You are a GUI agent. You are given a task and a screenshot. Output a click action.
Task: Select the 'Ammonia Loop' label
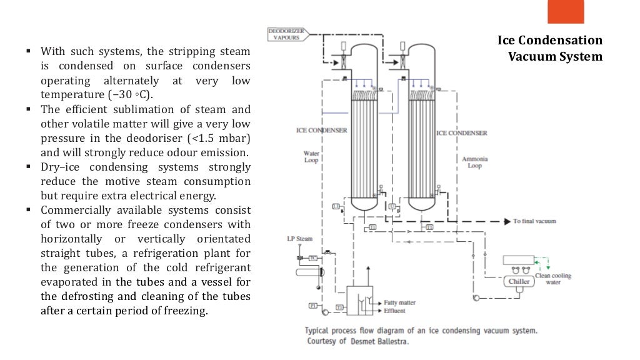[x=474, y=163]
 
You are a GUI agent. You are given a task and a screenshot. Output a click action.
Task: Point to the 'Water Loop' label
[x=311, y=156]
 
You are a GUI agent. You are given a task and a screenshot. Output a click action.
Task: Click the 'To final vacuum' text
[x=534, y=221]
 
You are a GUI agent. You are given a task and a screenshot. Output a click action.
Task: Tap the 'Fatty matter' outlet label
[x=399, y=302]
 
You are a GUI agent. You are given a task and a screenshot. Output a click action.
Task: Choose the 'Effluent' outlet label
[x=395, y=311]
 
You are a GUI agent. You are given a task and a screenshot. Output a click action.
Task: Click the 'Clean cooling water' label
[x=553, y=279]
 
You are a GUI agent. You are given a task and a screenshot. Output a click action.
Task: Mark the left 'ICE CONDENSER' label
[x=322, y=131]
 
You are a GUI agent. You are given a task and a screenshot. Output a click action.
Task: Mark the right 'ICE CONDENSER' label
[x=461, y=133]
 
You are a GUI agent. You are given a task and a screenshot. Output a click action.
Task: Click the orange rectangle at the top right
[x=565, y=11]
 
